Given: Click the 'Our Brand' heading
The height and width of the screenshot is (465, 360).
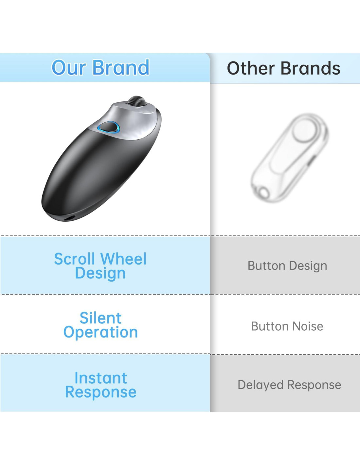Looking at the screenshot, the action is pos(100,67).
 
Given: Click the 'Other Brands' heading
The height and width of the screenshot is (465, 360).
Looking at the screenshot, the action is pos(283,68).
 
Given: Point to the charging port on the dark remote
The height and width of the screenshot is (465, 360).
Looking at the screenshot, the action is pos(70,218).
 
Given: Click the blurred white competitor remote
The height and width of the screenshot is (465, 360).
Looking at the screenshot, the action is pos(290,158).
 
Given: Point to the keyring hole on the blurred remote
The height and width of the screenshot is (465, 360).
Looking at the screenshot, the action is pos(264,193).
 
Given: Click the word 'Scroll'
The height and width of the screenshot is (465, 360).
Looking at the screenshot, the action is pos(74,259).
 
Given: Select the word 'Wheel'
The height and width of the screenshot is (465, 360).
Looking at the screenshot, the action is pos(124,259).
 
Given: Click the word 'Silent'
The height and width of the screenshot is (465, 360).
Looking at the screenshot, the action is pos(100,318).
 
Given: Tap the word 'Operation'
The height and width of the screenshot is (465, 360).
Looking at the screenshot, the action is pos(100,332).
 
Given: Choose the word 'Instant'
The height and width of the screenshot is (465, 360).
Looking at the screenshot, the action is pos(101,378).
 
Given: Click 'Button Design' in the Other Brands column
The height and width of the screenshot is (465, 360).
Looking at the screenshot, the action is pos(287,266).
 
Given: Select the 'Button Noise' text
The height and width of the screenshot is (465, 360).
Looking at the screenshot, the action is pos(287,326).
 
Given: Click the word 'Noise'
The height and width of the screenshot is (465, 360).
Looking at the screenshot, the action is pos(308,326).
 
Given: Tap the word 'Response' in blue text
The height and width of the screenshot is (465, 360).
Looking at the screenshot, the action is pos(101,392).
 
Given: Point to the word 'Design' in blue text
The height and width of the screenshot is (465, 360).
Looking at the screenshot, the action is pos(100,273).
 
